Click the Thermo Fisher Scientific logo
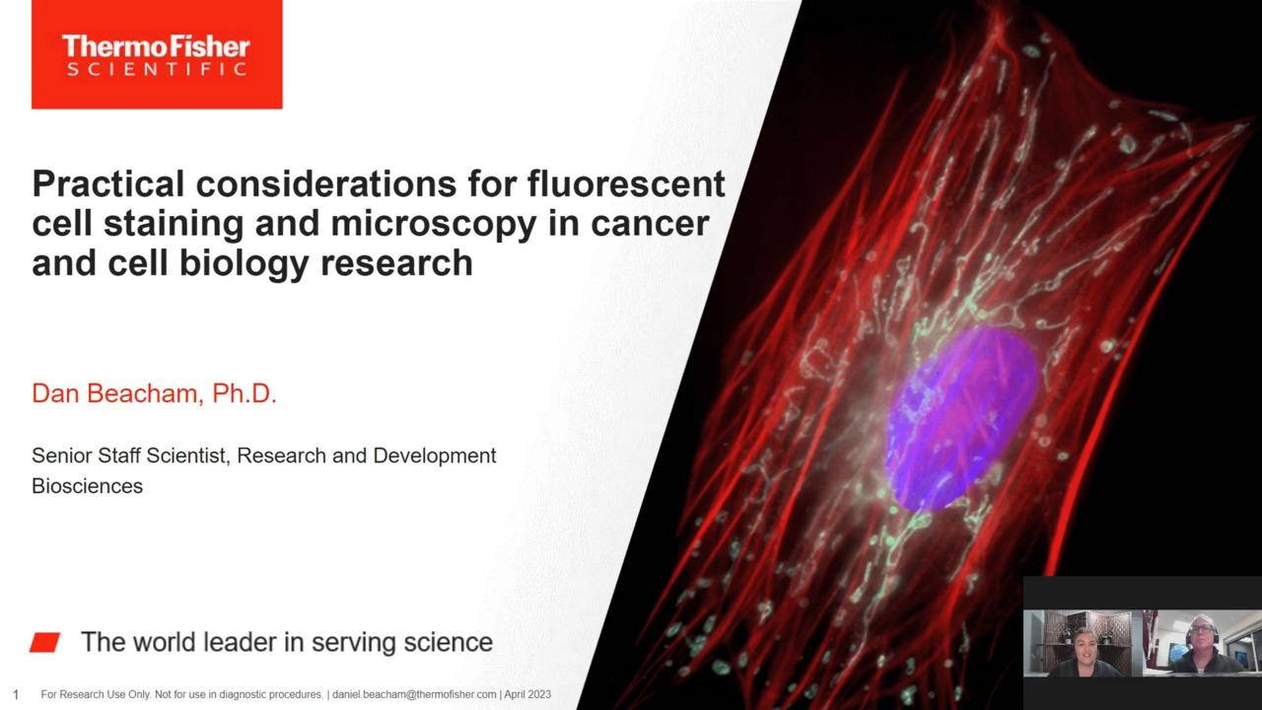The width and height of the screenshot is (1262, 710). pos(157,54)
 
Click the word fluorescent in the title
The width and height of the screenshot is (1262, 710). pos(626,183)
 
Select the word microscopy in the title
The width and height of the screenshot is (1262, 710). pos(433,224)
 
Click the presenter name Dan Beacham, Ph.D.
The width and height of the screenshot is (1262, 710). pos(155,393)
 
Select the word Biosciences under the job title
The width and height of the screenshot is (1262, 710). pos(88,486)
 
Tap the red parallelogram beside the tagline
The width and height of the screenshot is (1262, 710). pos(45,642)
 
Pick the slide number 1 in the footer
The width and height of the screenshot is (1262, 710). pos(16,695)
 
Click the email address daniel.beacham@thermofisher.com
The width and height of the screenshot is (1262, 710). pos(414,695)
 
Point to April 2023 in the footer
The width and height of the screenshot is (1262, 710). pos(527,695)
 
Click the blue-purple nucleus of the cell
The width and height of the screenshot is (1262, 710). pos(961,418)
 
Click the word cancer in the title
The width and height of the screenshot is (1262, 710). pos(650,224)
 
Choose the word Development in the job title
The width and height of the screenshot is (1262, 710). pos(435,456)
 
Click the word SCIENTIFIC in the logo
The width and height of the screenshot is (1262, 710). pos(157,69)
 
